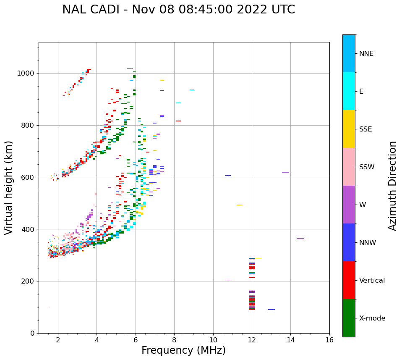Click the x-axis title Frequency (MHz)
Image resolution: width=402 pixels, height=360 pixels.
click(x=183, y=350)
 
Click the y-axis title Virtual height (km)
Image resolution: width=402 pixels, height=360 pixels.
click(x=9, y=188)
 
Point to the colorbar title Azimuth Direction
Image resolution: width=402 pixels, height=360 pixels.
click(x=392, y=186)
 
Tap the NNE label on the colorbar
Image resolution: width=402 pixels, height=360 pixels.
click(x=366, y=54)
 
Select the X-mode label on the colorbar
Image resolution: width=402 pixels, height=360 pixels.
click(x=372, y=318)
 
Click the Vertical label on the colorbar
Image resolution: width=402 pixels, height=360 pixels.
click(x=372, y=281)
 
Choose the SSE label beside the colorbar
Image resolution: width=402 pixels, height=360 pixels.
click(x=365, y=129)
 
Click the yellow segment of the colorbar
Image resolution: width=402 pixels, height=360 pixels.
click(x=349, y=129)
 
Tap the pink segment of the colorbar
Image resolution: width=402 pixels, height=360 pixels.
click(x=349, y=167)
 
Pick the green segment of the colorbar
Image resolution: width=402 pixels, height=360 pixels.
click(x=349, y=318)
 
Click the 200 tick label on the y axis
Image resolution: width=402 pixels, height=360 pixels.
click(x=29, y=281)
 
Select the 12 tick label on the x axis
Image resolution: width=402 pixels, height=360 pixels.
click(x=252, y=340)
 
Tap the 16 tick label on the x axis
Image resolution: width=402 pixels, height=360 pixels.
click(x=329, y=340)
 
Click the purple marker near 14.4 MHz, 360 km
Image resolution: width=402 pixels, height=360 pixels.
click(x=300, y=239)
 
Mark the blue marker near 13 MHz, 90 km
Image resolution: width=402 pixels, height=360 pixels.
click(x=271, y=310)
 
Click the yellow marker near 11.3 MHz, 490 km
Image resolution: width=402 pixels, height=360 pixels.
click(x=239, y=205)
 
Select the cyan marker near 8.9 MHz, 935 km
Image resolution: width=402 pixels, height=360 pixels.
click(x=192, y=90)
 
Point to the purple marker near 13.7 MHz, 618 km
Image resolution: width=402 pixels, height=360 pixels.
click(x=285, y=172)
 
